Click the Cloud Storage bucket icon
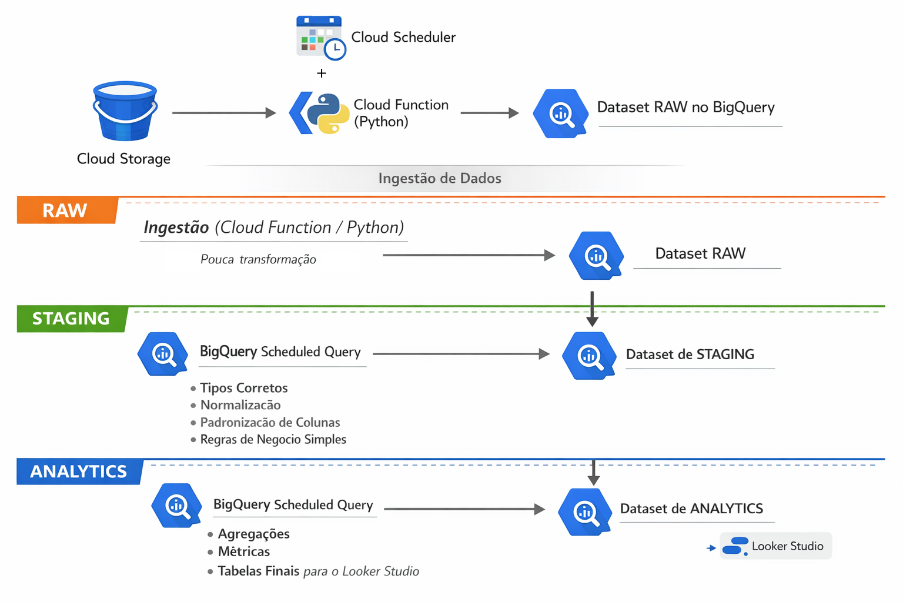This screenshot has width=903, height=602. click(125, 112)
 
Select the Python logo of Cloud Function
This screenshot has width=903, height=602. click(328, 113)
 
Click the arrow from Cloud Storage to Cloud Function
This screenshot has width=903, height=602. click(223, 113)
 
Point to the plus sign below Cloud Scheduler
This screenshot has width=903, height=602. click(322, 73)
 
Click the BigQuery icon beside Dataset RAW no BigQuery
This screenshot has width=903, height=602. click(560, 113)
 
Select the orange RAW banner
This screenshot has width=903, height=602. click(66, 210)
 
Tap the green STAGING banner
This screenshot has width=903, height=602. click(71, 319)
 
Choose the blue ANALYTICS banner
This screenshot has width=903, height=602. click(79, 471)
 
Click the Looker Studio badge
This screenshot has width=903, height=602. click(775, 546)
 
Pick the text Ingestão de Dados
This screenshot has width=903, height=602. click(440, 179)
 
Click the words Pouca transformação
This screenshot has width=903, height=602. click(258, 259)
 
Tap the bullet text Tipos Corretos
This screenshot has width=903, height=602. click(243, 388)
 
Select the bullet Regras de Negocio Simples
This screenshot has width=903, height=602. click(273, 440)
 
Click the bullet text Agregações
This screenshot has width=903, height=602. click(253, 534)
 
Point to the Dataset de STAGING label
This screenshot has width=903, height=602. click(690, 354)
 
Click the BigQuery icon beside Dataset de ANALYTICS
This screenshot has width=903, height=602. click(584, 511)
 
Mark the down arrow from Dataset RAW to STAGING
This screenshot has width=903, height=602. click(592, 309)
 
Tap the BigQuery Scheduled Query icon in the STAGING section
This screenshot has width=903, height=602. click(163, 354)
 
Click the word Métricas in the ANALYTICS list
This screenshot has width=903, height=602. click(243, 551)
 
